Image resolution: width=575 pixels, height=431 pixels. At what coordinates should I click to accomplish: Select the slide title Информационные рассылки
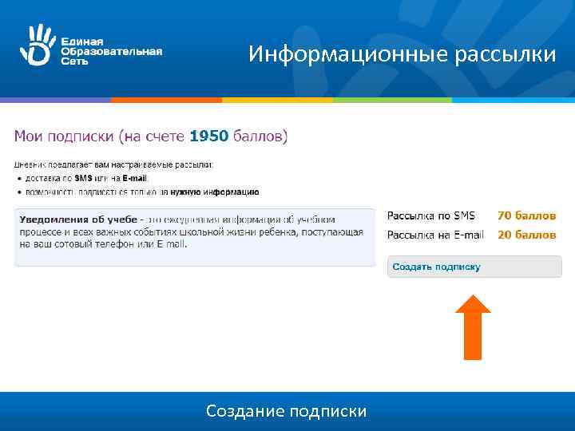[x=402, y=54]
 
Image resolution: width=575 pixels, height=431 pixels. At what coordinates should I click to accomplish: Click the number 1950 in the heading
[x=208, y=136]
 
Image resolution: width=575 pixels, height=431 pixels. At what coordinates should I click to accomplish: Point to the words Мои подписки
[x=64, y=136]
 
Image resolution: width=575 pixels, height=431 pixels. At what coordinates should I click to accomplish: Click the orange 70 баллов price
[x=526, y=215]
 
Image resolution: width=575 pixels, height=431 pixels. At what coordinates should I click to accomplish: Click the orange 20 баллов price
[x=526, y=235]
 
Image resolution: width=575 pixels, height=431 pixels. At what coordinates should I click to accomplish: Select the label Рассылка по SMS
[x=431, y=215]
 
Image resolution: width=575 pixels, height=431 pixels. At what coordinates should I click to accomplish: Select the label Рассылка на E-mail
[x=436, y=235]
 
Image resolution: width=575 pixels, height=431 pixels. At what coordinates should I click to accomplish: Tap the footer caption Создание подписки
[x=287, y=411]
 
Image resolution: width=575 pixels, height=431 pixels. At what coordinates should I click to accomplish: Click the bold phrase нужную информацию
[x=220, y=192]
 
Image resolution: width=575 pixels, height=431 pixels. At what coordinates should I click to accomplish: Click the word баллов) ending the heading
[x=260, y=136]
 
